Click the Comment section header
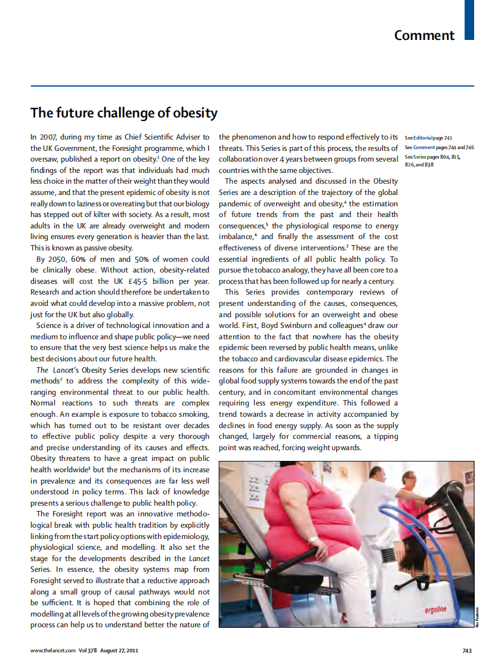click(424, 35)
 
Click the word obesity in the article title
click(195, 113)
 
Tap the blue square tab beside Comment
click(469, 20)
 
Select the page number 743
click(467, 651)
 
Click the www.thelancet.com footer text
click(53, 651)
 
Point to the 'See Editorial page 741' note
click(428, 138)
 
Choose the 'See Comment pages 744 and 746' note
click(439, 147)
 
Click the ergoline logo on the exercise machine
click(435, 609)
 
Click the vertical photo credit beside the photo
click(478, 615)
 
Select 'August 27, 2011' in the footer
click(119, 651)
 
